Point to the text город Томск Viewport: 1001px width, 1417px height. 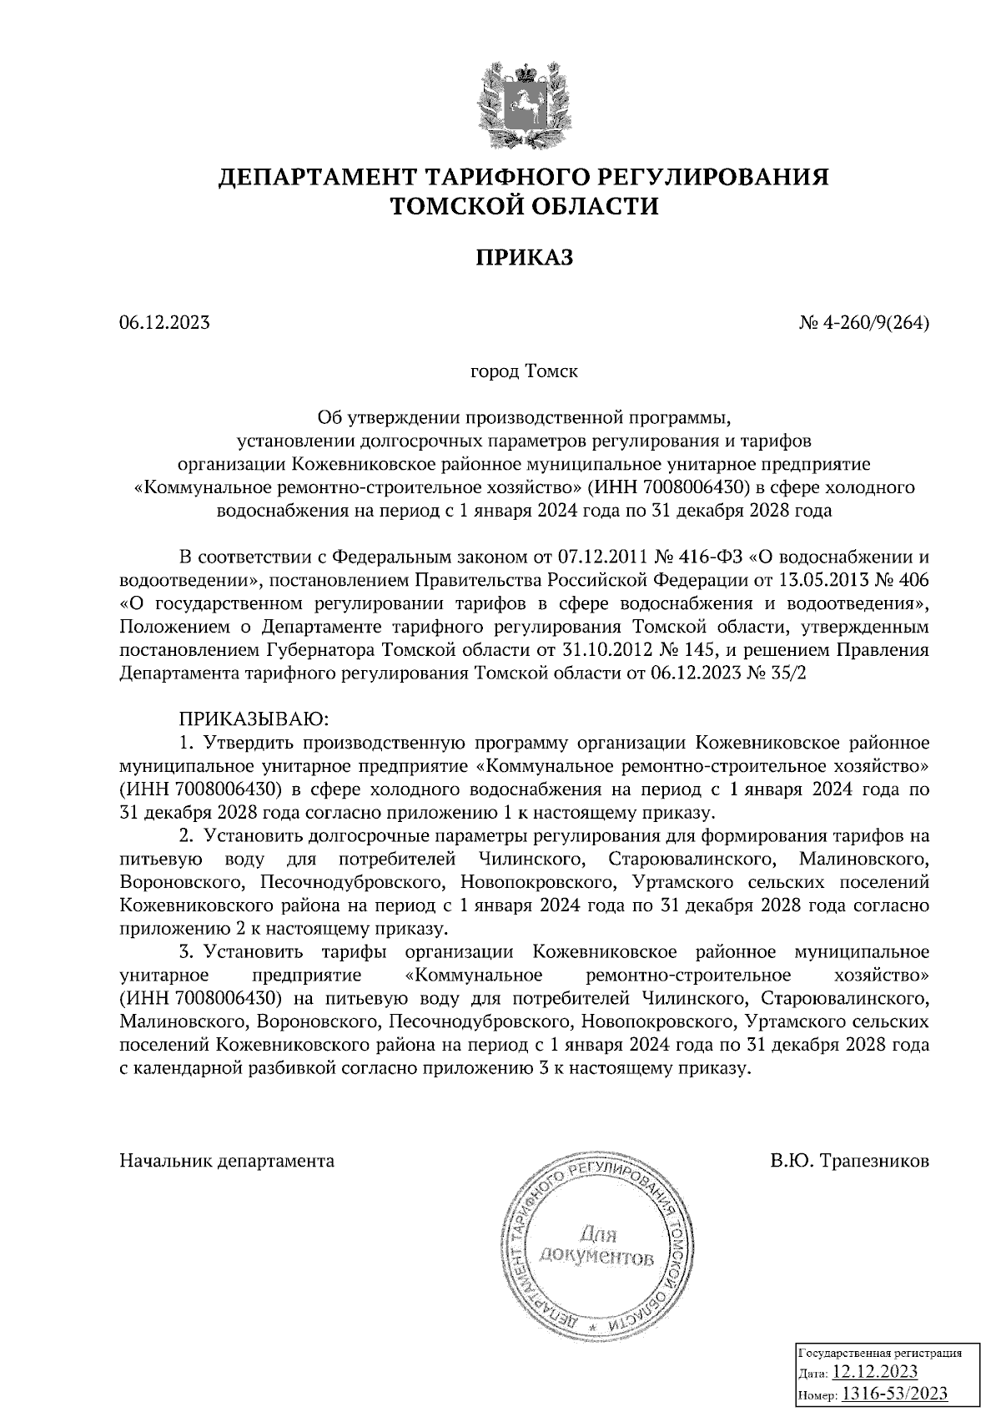click(525, 371)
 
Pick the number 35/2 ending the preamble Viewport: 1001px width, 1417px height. click(789, 673)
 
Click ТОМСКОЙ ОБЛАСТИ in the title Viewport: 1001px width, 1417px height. click(525, 205)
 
